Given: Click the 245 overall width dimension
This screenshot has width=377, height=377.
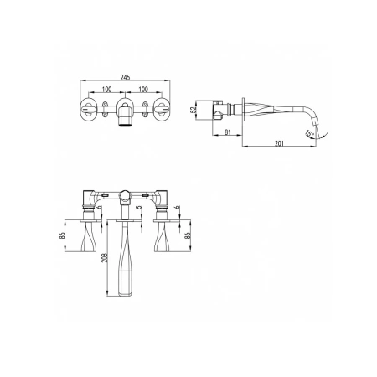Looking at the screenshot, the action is tap(125, 77).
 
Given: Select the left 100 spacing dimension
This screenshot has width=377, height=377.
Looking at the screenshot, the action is tap(106, 90).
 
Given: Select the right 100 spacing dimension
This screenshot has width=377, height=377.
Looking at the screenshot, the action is tap(143, 90).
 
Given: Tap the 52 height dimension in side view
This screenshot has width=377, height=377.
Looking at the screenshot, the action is tap(193, 110).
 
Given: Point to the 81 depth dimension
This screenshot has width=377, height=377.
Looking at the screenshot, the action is tap(228, 132).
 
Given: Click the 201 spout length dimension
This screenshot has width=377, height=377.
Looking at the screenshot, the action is tap(279, 143).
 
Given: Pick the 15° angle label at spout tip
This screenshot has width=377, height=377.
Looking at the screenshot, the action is tap(309, 134).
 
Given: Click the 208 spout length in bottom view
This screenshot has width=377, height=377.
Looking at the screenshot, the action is tap(105, 258).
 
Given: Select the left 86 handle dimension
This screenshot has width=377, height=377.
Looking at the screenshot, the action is tap(62, 235).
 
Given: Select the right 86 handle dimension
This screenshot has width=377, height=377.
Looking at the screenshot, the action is tap(188, 235).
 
